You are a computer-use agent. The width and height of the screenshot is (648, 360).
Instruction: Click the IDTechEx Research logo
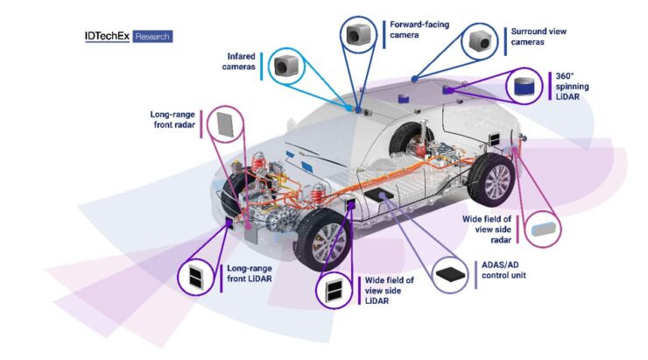point(129,38)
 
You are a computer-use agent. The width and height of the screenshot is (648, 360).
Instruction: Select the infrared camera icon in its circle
point(285,65)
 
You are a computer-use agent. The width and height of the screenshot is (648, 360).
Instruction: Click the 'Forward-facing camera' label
point(419,30)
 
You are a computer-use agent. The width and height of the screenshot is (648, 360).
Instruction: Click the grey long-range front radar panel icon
point(225,124)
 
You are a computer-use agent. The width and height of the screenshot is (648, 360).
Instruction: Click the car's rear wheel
point(488,182)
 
